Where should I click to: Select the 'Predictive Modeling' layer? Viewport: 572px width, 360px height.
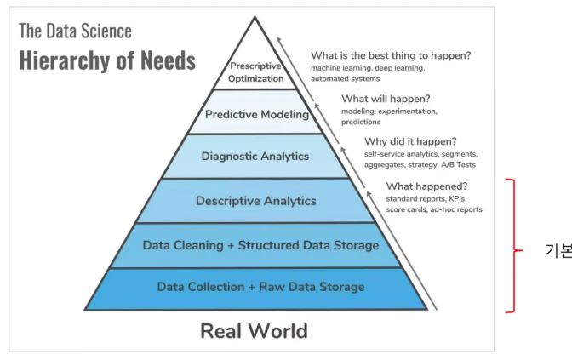tap(255, 113)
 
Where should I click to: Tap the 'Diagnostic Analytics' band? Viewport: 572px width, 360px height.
tap(255, 156)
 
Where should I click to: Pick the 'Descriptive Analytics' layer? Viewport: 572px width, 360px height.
tap(255, 201)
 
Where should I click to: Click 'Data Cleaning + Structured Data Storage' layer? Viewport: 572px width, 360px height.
tap(260, 245)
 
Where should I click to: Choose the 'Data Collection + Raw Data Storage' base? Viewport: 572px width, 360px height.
tap(260, 287)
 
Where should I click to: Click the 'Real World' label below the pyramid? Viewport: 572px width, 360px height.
tap(254, 330)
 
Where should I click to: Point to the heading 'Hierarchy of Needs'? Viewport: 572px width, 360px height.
tap(107, 61)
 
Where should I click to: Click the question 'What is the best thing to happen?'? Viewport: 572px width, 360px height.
tap(391, 55)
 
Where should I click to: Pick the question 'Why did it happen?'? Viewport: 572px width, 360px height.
tap(410, 141)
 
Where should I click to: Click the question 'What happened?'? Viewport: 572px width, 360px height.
tap(426, 186)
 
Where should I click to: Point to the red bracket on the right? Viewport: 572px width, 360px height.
tap(512, 246)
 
